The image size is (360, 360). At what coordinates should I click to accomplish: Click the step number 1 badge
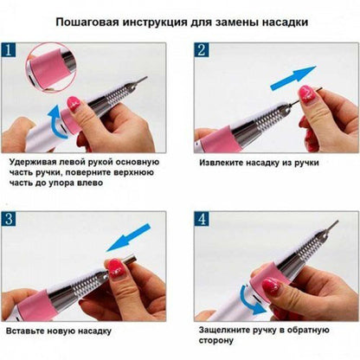click(x=12, y=49)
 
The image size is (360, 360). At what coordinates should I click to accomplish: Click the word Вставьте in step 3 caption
click(x=31, y=331)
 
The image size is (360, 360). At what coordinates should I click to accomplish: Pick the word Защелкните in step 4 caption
click(x=227, y=331)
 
